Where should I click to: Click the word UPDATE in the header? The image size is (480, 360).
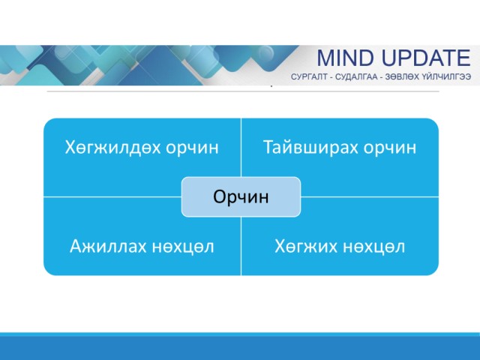(426, 58)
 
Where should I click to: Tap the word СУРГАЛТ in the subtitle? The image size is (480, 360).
(309, 76)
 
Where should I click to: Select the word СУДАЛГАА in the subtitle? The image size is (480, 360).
(356, 76)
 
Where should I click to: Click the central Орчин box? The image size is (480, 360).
(241, 196)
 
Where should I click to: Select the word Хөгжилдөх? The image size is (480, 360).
(112, 147)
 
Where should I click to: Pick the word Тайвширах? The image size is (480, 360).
(310, 147)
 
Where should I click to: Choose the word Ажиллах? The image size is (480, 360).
(108, 247)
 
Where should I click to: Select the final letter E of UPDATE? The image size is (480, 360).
(463, 58)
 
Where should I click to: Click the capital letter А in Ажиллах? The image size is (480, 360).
(76, 247)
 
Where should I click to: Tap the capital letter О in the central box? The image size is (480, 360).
(220, 196)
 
